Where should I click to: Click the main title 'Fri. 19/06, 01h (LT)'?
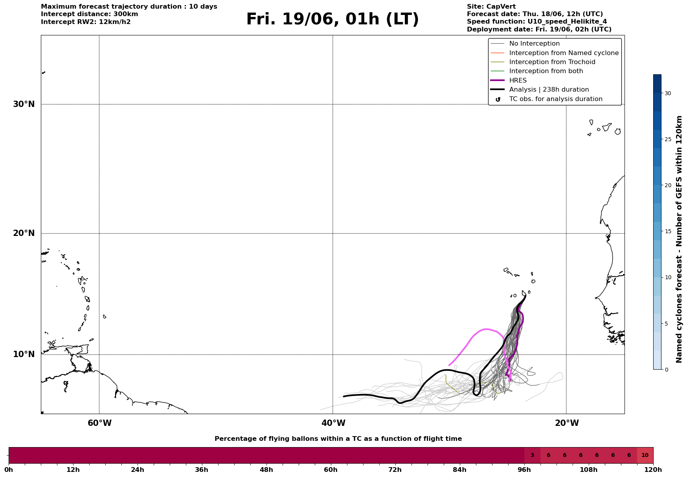point(332,19)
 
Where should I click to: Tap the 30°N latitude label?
point(24,104)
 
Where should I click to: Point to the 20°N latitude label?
point(24,233)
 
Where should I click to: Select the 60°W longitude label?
point(99,423)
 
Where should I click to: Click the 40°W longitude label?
point(333,423)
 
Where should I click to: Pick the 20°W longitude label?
point(567,423)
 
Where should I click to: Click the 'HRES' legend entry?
point(518,81)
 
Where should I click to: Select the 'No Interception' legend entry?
point(535,44)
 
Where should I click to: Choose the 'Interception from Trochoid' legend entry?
point(552,62)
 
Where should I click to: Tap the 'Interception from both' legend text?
point(546,71)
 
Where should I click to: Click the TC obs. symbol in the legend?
point(498,99)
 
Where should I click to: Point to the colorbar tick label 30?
point(668,93)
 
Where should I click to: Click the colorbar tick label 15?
point(668,231)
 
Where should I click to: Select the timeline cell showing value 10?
point(645,455)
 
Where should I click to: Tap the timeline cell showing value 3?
point(532,455)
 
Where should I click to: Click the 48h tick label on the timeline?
point(266,470)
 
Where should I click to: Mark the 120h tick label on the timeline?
point(653,470)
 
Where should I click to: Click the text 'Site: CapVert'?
point(491,7)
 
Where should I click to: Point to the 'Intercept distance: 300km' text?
point(90,14)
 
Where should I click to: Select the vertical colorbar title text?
point(679,239)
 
